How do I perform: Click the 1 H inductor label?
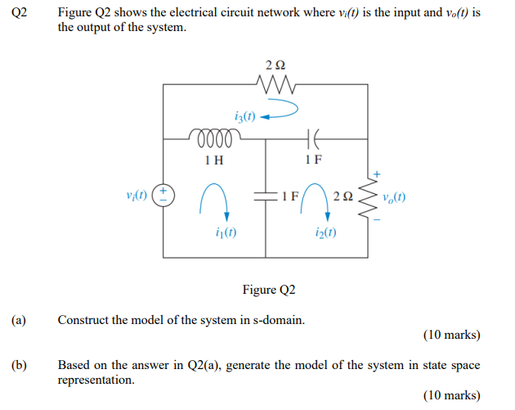(x=214, y=160)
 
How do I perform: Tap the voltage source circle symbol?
(x=165, y=196)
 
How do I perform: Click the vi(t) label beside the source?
(x=137, y=196)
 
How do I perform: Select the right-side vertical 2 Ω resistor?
(x=376, y=196)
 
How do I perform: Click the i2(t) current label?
(x=327, y=233)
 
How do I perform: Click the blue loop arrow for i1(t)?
(x=214, y=200)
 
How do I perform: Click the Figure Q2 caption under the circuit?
(x=269, y=290)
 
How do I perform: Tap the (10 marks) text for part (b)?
(x=451, y=395)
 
